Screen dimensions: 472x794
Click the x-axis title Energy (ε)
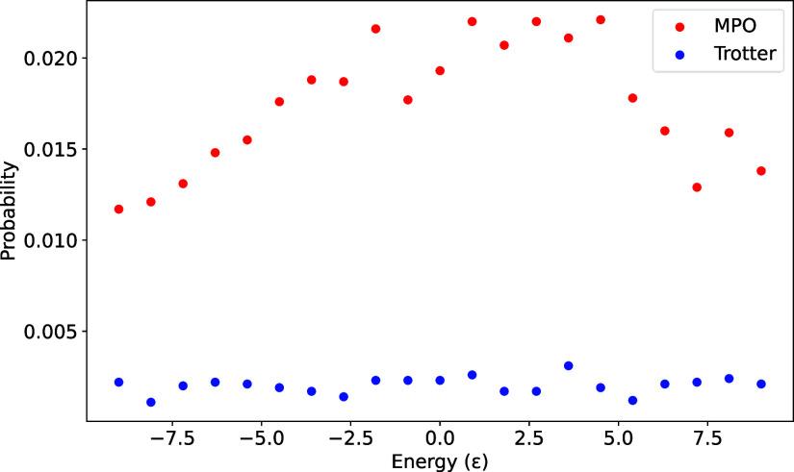coord(440,460)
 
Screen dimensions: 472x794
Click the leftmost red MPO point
coord(118,209)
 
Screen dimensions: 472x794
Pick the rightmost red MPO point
coord(761,171)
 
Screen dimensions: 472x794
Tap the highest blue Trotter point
coord(568,366)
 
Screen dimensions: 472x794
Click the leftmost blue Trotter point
coord(118,382)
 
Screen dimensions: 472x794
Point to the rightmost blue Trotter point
coord(761,384)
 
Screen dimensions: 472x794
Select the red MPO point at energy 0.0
coord(440,70)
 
